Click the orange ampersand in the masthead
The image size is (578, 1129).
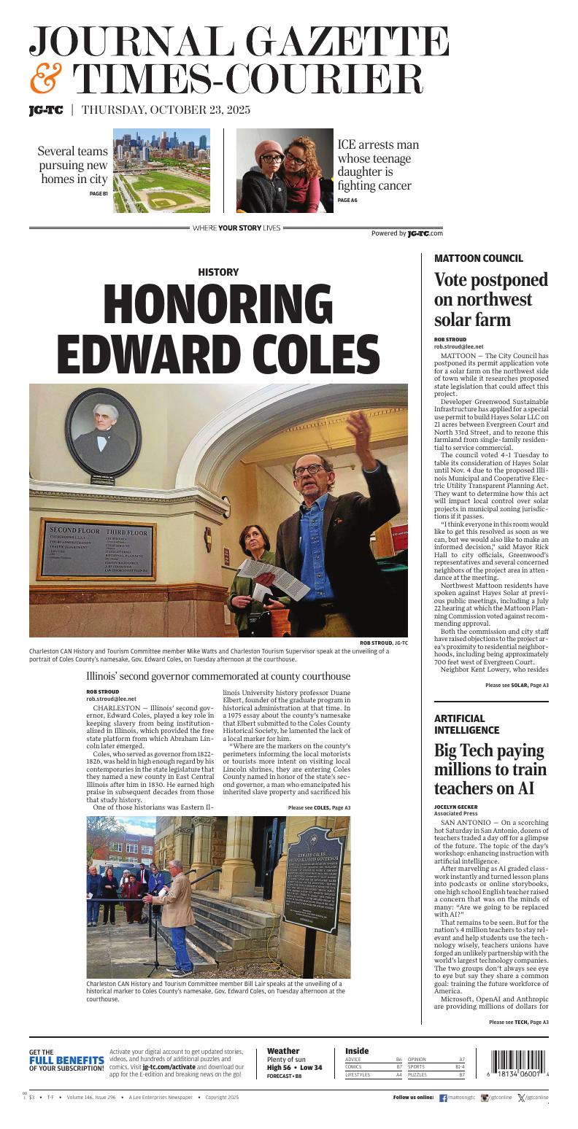[x=46, y=79]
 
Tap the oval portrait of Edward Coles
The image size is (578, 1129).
[x=101, y=435]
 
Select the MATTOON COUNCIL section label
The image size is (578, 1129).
[x=478, y=258]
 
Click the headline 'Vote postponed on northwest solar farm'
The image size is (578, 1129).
[x=490, y=300]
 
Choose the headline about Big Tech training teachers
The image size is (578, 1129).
[x=489, y=769]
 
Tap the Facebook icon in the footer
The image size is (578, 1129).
[x=443, y=1097]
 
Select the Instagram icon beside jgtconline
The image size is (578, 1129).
[x=484, y=1097]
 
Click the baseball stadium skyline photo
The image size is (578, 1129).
[x=161, y=171]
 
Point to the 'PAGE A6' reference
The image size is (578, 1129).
[x=347, y=200]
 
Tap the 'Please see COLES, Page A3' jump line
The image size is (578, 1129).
[x=319, y=807]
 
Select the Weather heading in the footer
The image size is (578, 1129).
[x=283, y=1051]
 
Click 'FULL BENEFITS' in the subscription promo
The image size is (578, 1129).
[x=66, y=1060]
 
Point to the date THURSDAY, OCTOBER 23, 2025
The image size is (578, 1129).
[x=166, y=110]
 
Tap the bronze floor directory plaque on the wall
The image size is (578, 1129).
[x=97, y=549]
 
